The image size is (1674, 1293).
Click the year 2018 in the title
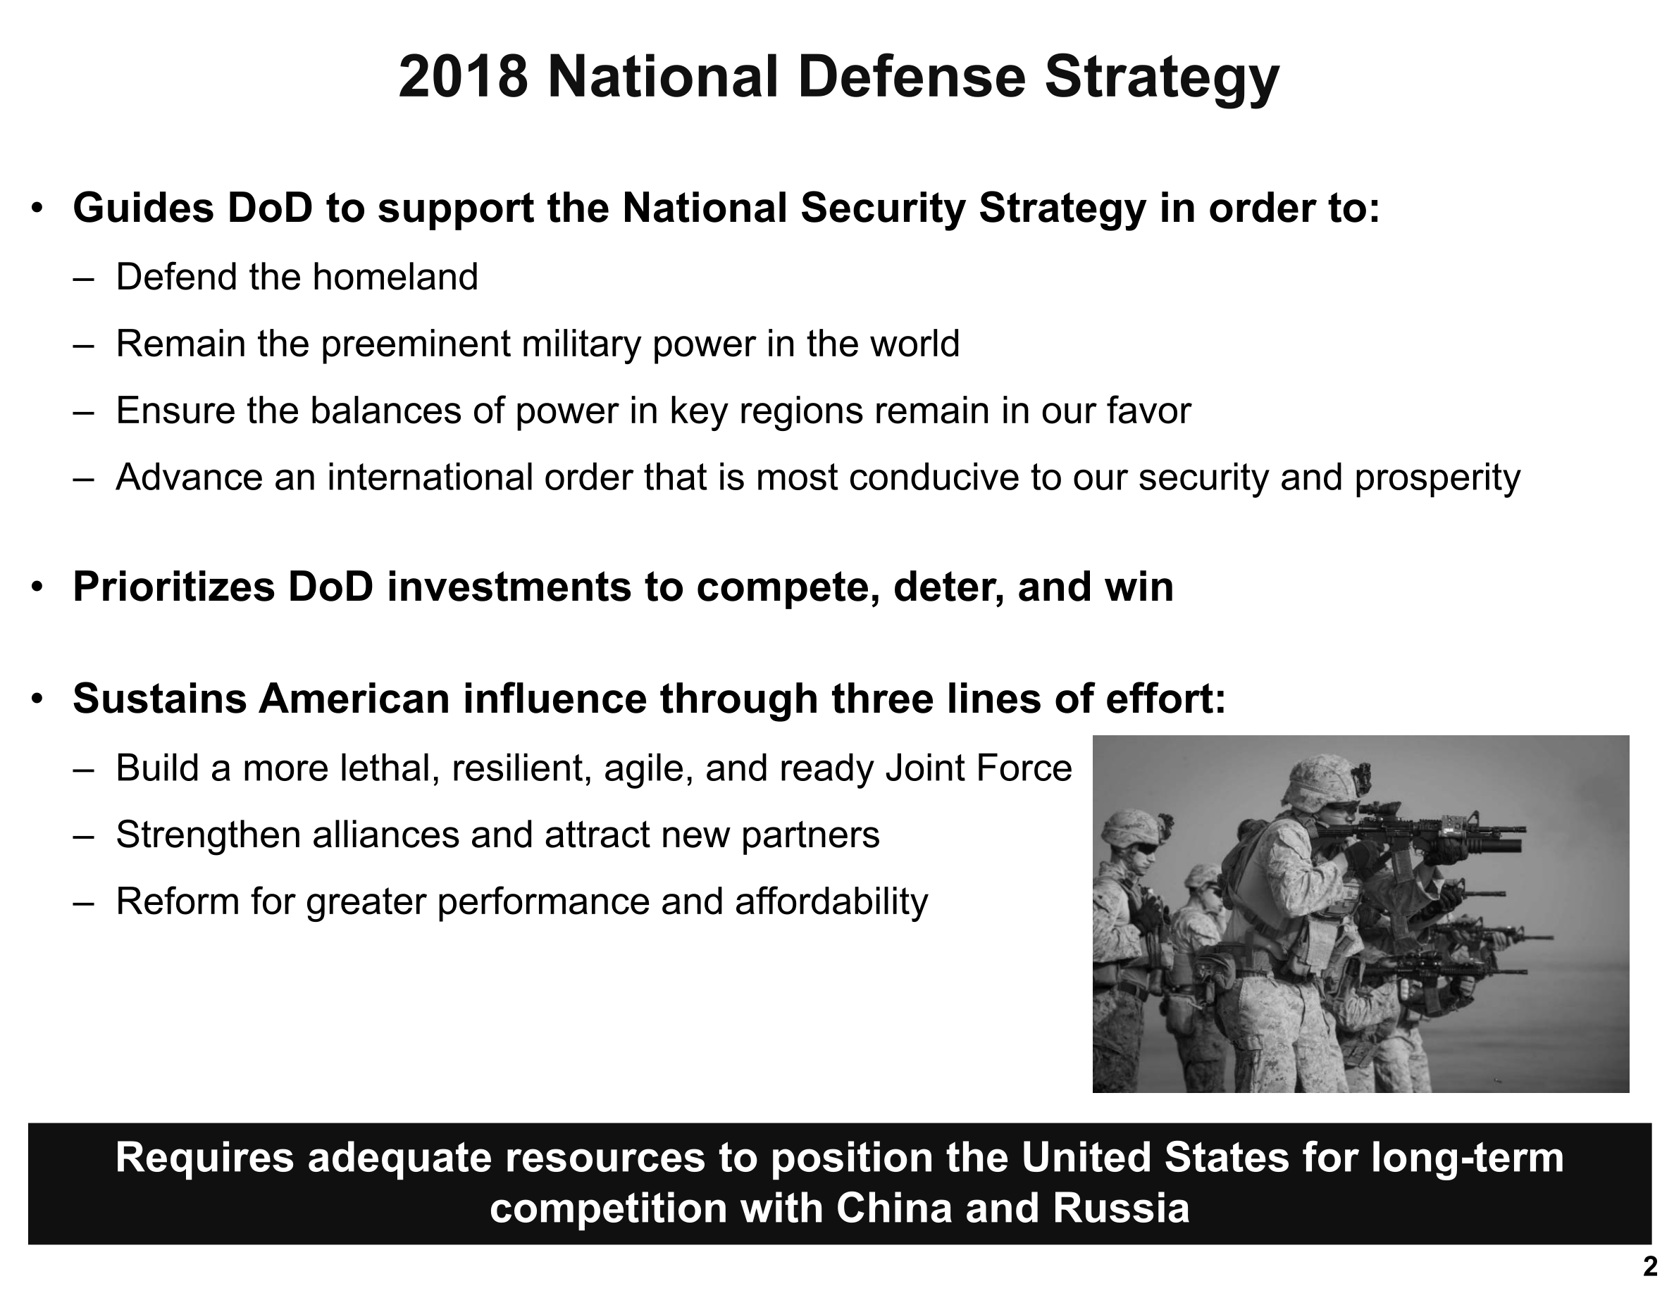[463, 77]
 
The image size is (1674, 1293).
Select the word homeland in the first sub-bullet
[395, 277]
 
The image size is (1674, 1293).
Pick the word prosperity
[1437, 479]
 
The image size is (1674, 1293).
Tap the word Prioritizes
[173, 587]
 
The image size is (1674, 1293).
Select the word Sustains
[159, 699]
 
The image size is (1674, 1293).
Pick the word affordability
[831, 902]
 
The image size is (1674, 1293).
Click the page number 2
[1649, 1267]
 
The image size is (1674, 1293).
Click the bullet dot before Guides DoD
[36, 209]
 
